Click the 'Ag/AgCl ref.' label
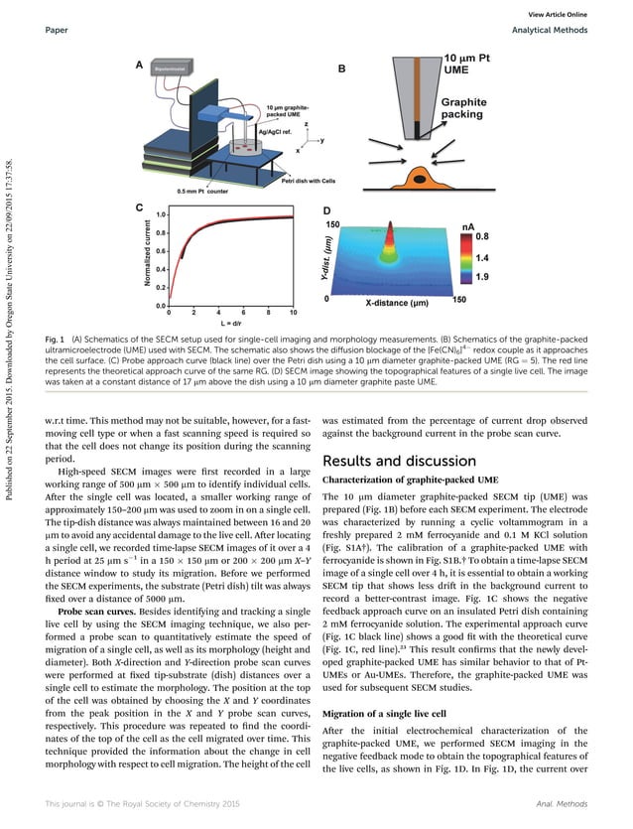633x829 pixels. pyautogui.click(x=276, y=131)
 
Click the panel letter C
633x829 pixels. pyautogui.click(x=140, y=210)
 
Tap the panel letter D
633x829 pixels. pyautogui.click(x=328, y=211)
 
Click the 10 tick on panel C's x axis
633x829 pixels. pyautogui.click(x=293, y=312)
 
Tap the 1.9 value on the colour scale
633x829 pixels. pyautogui.click(x=481, y=277)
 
